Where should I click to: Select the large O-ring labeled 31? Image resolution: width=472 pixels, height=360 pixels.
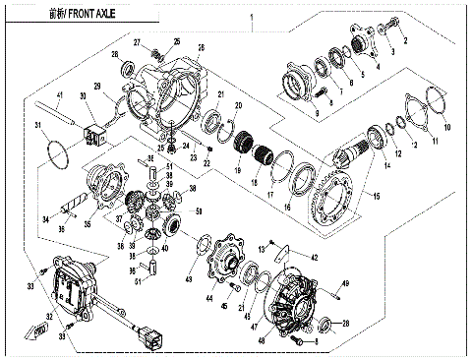coord(57,152)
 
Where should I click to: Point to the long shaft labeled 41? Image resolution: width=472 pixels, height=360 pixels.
coord(60,114)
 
